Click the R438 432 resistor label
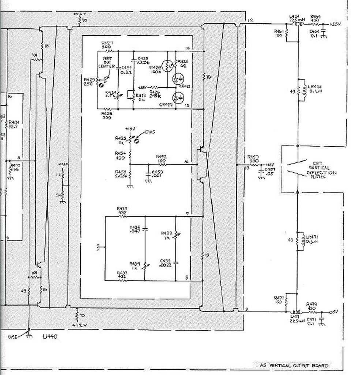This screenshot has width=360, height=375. click(x=121, y=211)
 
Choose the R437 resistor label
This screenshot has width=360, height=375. click(x=122, y=274)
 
